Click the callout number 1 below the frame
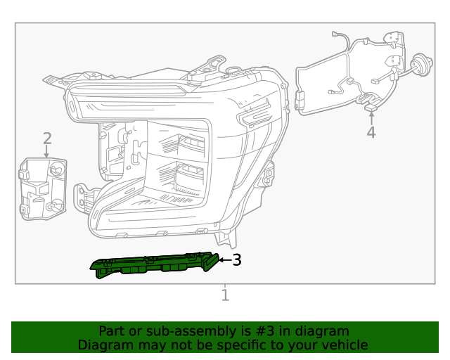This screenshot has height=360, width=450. click(x=225, y=295)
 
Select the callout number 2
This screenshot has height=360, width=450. click(x=47, y=138)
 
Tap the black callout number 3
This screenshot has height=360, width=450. click(x=237, y=260)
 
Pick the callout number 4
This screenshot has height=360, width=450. click(x=371, y=132)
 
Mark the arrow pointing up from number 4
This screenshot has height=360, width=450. click(x=371, y=116)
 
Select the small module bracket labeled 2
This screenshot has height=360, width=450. click(x=42, y=188)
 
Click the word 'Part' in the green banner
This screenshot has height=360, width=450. click(x=111, y=331)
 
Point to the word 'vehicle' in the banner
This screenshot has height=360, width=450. click(x=345, y=345)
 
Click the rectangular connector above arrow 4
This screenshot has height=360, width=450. click(x=371, y=107)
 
